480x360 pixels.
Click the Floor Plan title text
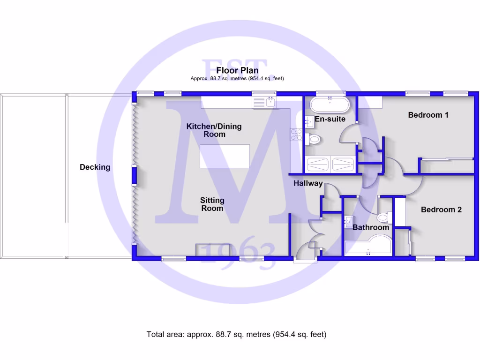(237, 70)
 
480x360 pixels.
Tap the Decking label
(95, 167)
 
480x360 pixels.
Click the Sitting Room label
(212, 204)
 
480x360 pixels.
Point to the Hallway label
(308, 183)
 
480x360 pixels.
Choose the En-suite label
(330, 119)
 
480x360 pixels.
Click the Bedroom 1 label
(428, 115)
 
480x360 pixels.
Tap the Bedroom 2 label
(441, 210)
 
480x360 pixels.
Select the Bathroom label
(371, 227)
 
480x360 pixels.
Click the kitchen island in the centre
(225, 156)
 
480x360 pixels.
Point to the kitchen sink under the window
(263, 102)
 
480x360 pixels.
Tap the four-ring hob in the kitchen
(297, 135)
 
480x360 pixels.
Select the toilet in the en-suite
(314, 139)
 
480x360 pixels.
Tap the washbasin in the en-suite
(310, 122)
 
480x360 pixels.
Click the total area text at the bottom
(236, 334)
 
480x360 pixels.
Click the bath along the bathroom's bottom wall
(368, 246)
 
